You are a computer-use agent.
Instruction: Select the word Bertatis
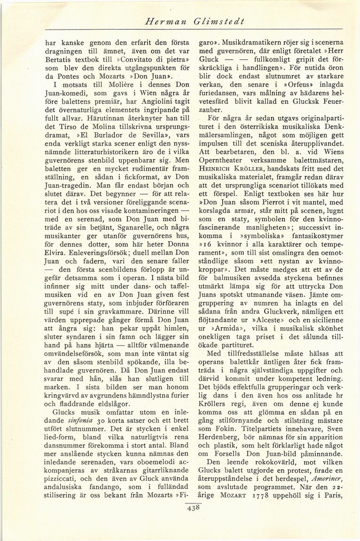tap(58, 62)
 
